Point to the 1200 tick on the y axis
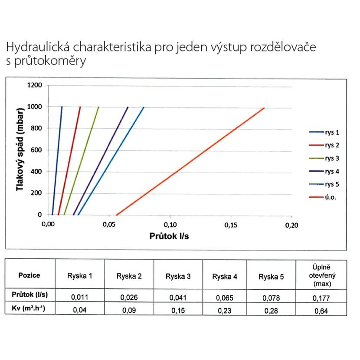point(36,85)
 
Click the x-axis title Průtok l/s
point(170,236)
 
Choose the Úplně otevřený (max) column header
point(321,275)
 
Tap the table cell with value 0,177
point(321,298)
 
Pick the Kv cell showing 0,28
point(272,310)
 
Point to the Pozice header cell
point(29,275)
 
